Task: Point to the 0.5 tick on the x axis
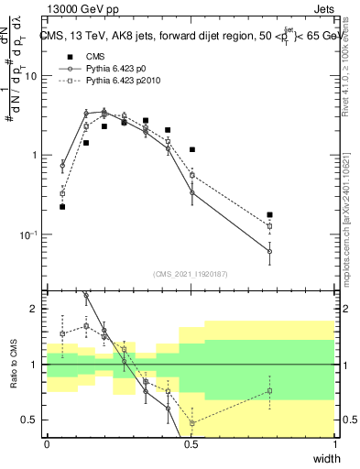coord(191,443)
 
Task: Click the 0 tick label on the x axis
coord(47,443)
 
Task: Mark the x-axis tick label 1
coord(334,443)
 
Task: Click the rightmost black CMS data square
coord(269,215)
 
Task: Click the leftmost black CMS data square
coord(62,207)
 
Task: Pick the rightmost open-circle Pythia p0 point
coord(269,251)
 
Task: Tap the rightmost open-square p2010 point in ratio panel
coord(269,391)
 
